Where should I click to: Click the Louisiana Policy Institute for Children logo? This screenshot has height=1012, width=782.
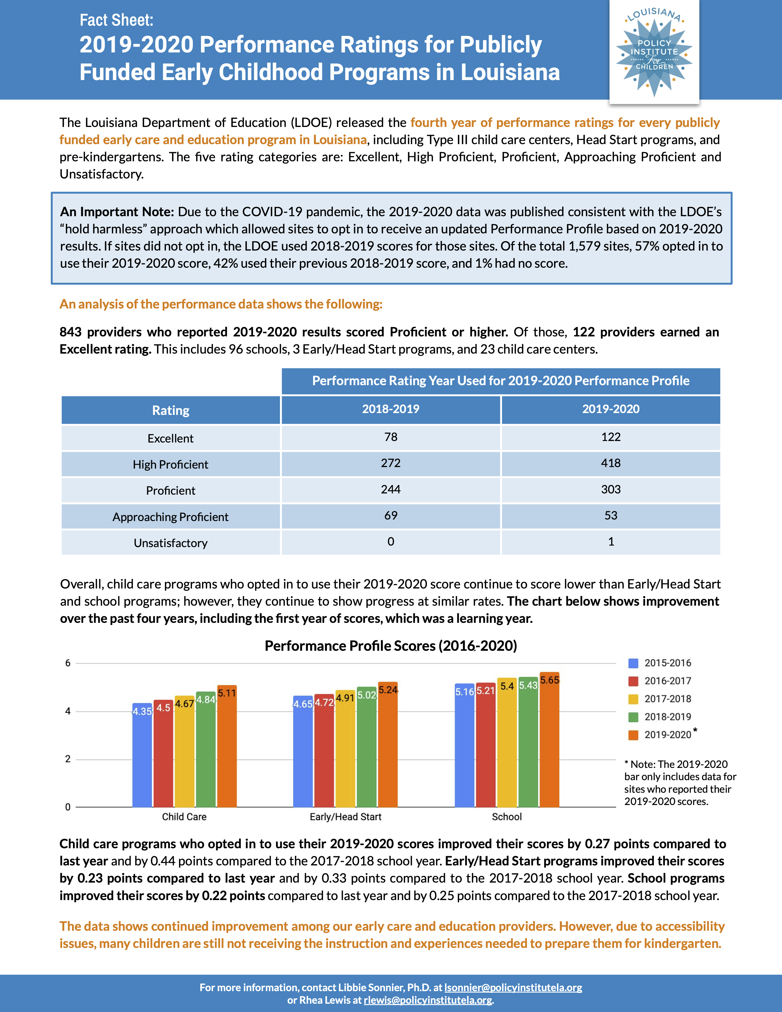pos(654,51)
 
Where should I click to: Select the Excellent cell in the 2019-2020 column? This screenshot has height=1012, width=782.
pos(611,437)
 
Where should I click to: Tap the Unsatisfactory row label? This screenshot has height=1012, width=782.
pos(171,542)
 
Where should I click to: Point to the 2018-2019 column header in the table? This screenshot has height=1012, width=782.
pos(390,409)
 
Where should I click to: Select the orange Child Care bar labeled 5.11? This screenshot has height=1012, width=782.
pos(227,751)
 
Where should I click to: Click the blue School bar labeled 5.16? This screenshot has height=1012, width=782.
pos(464,751)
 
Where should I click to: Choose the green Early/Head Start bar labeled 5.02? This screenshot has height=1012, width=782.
pos(366,751)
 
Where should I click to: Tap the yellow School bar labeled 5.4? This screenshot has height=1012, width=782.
pos(507,746)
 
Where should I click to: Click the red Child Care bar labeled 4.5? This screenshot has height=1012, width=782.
pos(163,755)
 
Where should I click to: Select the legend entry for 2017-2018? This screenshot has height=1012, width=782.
pos(667,699)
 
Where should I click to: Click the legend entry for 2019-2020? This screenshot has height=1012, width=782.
pos(667,735)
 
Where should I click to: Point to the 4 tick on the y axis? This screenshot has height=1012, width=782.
pos(68,711)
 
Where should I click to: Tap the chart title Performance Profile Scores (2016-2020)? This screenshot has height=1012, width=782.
pos(390,646)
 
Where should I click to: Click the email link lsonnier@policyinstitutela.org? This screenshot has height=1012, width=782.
pos(513,987)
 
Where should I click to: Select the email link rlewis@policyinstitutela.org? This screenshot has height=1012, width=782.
pos(427,1000)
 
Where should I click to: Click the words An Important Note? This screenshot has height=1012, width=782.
pos(117,212)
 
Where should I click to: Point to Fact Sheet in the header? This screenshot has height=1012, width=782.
pos(116,20)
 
